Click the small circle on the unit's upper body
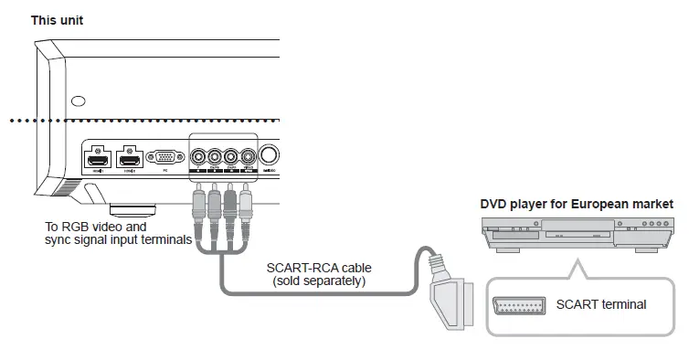click(x=79, y=101)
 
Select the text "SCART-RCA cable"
click(x=319, y=268)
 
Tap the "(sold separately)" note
click(x=319, y=281)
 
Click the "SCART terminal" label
click(x=600, y=304)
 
